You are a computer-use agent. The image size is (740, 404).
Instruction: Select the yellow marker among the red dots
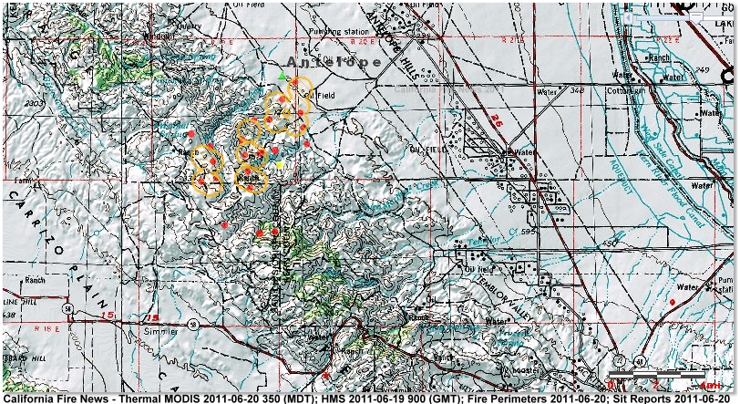point(280,165)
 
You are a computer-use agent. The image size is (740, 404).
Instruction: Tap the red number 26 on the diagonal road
point(498,119)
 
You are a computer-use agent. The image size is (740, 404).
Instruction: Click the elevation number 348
point(575,89)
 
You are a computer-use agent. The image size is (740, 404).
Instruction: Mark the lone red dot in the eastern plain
point(673,301)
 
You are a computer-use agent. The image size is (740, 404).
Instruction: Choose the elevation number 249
point(699,69)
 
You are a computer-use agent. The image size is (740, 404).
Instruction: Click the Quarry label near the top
point(191,26)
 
